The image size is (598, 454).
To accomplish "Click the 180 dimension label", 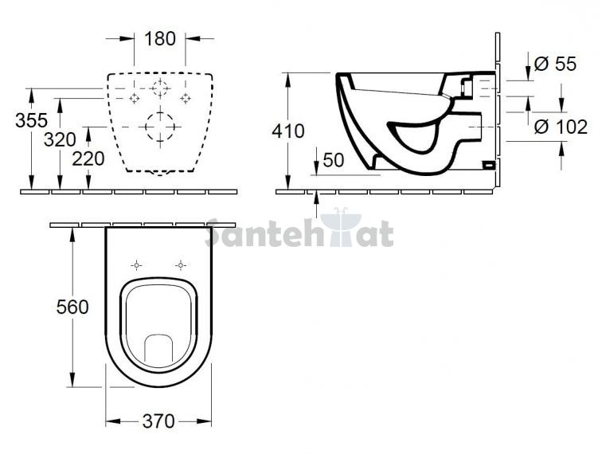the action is point(160,38).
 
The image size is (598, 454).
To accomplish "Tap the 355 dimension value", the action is point(31,120).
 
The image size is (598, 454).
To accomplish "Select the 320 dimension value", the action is point(60,139).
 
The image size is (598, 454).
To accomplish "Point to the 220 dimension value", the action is point(88,159).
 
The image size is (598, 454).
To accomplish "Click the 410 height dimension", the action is point(288,131).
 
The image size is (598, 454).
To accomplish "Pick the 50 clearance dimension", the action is point(334,160).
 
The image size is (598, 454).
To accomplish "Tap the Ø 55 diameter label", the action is point(555,64).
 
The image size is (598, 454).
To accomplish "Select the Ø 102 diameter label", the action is point(561,127).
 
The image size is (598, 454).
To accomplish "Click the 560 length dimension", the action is point(72,307).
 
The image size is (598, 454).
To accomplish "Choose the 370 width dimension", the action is point(158,421).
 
